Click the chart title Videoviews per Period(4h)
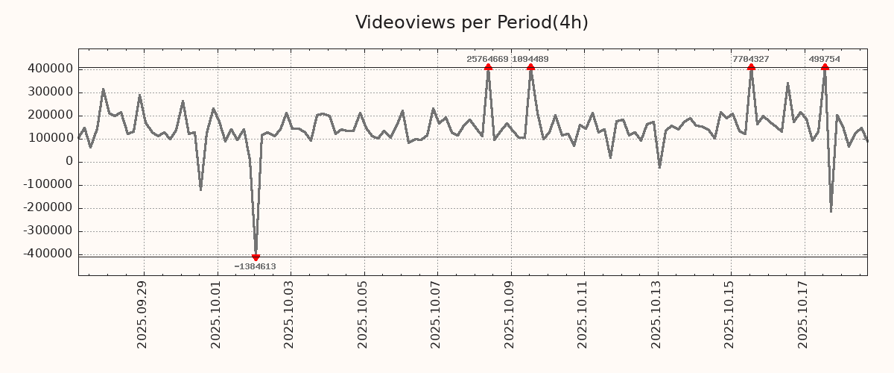click(x=472, y=22)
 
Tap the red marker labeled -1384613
click(x=256, y=257)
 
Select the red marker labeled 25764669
click(x=488, y=67)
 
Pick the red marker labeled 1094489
click(x=530, y=67)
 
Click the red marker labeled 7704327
click(x=751, y=67)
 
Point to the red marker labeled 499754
click(x=825, y=67)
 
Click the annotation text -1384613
click(x=255, y=266)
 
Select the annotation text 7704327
click(x=750, y=59)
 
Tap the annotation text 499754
click(x=824, y=59)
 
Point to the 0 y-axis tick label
click(x=69, y=161)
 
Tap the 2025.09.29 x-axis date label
click(x=142, y=314)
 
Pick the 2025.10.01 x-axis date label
click(x=216, y=314)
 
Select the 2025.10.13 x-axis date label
click(x=656, y=314)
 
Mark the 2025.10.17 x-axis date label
click(x=803, y=314)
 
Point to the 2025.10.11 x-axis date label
click(x=583, y=314)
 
